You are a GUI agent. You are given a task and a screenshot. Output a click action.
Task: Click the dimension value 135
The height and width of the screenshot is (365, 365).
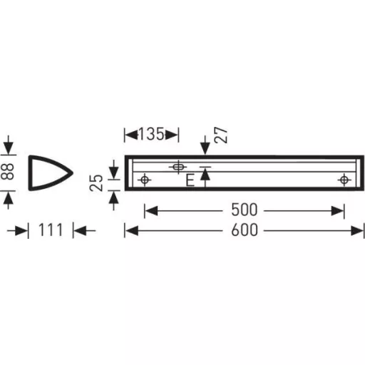tap(151, 133)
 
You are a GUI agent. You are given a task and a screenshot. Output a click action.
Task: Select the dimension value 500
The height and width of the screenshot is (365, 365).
tap(245, 210)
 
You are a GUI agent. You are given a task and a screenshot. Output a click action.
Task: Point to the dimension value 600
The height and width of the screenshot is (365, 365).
tap(245, 230)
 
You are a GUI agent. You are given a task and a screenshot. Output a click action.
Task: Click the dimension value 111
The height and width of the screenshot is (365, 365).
tap(51, 230)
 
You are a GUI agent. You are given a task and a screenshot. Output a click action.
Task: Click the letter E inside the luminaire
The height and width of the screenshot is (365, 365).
tap(190, 180)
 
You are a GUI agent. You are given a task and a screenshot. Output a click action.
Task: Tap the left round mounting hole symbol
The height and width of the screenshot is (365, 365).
tap(145, 180)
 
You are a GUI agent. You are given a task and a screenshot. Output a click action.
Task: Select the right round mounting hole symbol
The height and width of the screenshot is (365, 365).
tap(344, 180)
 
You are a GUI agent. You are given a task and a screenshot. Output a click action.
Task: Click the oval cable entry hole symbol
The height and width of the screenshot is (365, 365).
tap(177, 167)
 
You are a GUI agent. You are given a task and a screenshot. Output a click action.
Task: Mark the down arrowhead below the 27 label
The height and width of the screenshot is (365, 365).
tap(206, 150)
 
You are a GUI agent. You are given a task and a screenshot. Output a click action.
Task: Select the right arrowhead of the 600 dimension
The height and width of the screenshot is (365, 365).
tap(359, 230)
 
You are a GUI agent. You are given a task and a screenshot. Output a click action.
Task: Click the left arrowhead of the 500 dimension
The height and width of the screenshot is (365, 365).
tap(149, 210)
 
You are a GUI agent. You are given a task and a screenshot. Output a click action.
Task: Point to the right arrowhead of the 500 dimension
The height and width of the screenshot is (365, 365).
tap(340, 210)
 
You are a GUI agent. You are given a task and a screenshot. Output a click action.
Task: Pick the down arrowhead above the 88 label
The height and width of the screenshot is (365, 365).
tap(8, 148)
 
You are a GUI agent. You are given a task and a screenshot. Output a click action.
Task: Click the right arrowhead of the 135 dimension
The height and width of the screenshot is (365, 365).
tap(175, 133)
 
